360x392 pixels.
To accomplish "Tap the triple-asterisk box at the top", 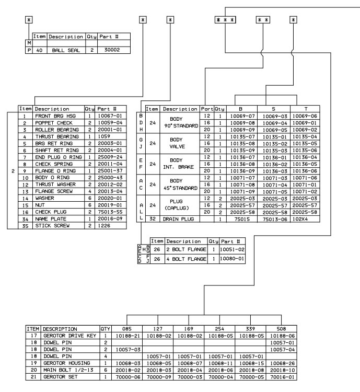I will click(226, 20).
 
